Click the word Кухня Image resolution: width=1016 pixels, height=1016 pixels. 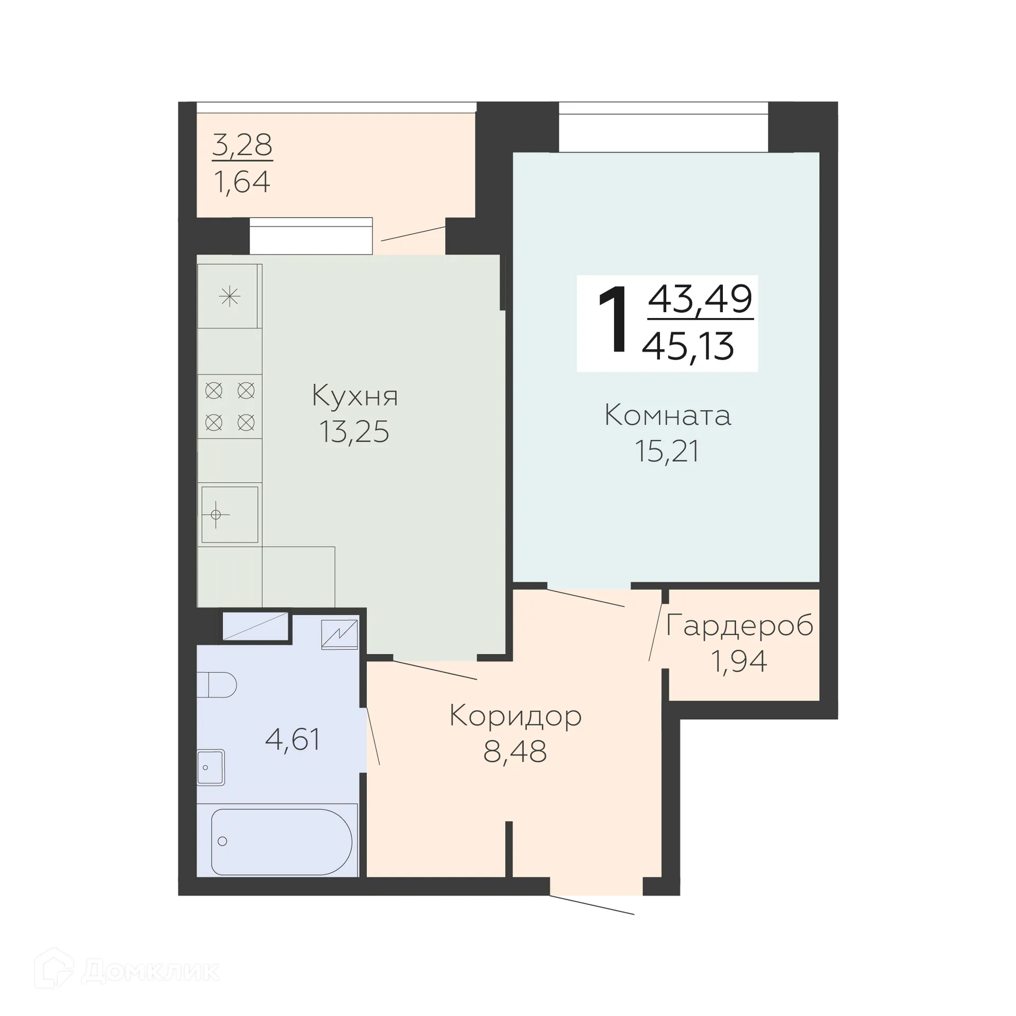tap(355, 396)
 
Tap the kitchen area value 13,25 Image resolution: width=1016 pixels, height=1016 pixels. tap(354, 432)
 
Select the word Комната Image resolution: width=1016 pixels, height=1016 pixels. tap(667, 415)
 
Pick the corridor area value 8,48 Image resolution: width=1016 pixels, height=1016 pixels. tap(515, 751)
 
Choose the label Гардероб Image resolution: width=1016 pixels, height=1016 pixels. tap(739, 626)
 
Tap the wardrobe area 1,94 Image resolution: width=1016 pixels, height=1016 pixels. tap(739, 661)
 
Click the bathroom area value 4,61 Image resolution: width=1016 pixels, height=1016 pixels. tap(293, 739)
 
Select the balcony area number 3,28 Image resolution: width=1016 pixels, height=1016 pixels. tap(242, 144)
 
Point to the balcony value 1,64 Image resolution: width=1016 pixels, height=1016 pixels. tap(242, 182)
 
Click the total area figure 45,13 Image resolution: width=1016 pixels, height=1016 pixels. tap(688, 347)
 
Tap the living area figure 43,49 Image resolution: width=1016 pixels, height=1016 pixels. tap(700, 299)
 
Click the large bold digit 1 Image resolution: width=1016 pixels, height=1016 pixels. tap(614, 320)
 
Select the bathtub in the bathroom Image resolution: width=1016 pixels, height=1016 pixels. tap(281, 841)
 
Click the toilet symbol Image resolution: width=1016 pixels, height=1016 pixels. tap(217, 685)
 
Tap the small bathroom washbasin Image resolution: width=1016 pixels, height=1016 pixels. tap(211, 767)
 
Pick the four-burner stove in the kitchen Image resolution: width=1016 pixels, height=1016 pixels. tap(230, 406)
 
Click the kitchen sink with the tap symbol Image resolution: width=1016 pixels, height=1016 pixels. tap(230, 514)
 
